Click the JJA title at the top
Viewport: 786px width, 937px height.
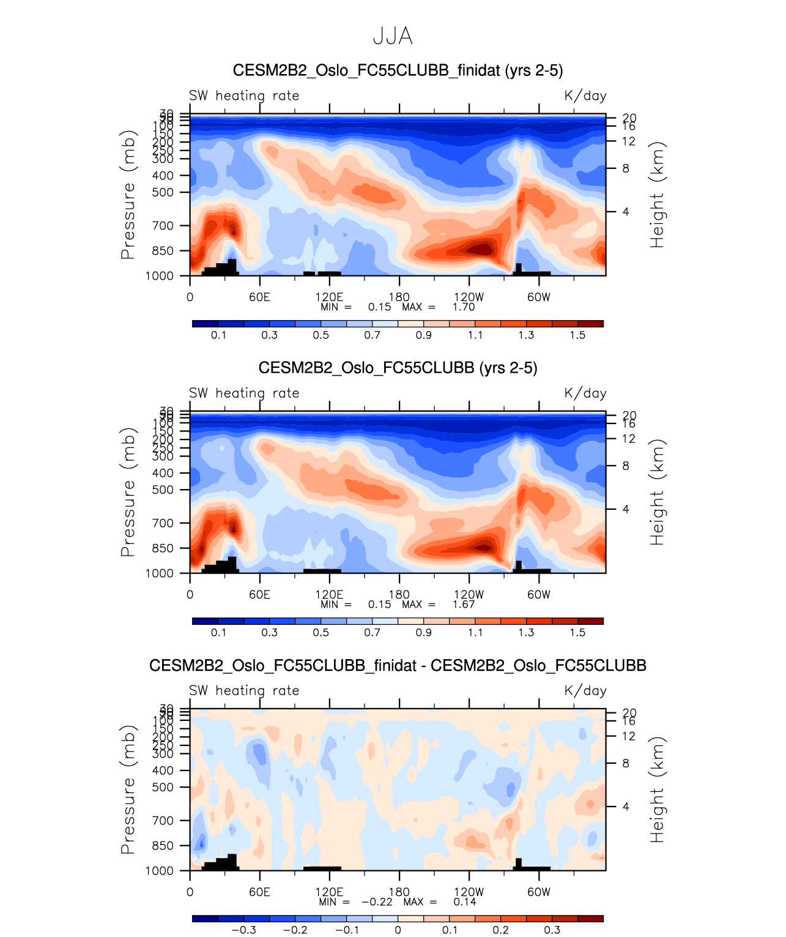pos(393,37)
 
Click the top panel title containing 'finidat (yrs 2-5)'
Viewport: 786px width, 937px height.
pos(398,70)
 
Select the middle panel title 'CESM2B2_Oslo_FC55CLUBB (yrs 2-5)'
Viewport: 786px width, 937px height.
pos(398,368)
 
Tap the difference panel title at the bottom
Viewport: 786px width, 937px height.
pos(398,665)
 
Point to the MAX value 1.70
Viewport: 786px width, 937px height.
pos(464,307)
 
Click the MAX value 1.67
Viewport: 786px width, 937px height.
pos(464,605)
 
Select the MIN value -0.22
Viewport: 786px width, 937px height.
pos(377,902)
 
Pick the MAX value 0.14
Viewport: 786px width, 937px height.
pos(464,902)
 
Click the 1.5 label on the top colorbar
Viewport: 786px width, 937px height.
pos(577,335)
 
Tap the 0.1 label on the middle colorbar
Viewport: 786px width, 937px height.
pos(218,633)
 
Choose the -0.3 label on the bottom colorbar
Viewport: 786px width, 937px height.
pos(243,930)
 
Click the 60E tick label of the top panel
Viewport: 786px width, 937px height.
pos(259,297)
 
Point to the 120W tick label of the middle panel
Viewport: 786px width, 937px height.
pos(469,595)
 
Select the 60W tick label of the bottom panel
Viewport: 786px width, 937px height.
pos(538,892)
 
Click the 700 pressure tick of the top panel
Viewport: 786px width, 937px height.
pos(163,226)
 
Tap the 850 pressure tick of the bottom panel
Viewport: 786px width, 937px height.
pos(163,846)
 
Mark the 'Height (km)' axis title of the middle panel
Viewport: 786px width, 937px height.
pos(657,492)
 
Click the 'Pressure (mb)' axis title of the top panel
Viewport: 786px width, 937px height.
pos(128,195)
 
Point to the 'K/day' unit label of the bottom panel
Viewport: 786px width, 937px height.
pos(585,691)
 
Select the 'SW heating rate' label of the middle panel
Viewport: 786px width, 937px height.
pos(244,394)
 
